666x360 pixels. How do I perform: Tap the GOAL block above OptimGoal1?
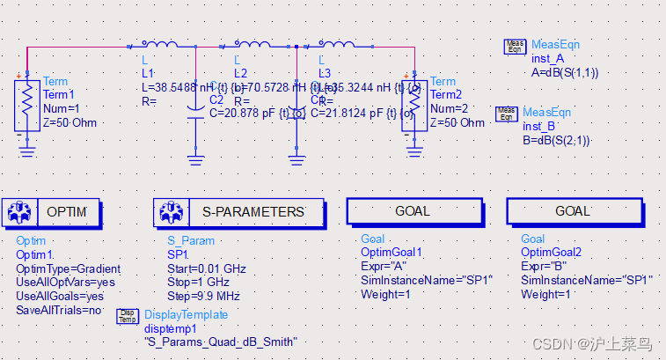(x=413, y=211)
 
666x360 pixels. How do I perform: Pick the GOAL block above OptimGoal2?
(x=573, y=211)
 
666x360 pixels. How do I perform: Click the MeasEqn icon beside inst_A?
(x=515, y=47)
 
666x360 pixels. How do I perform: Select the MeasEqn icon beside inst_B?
(x=507, y=114)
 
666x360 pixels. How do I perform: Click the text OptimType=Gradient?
(x=69, y=268)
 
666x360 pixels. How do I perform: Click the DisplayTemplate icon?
(x=128, y=317)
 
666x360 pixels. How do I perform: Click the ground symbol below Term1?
(x=26, y=153)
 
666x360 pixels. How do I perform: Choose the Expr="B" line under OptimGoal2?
(x=542, y=267)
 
